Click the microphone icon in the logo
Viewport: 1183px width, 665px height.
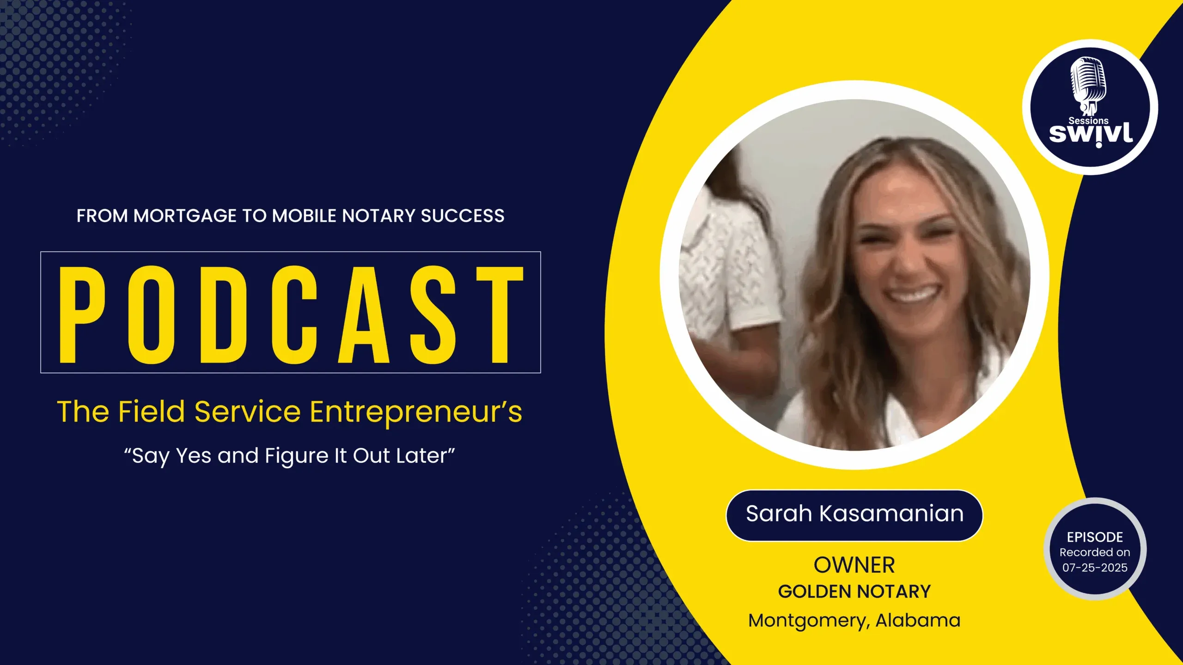pos(1089,86)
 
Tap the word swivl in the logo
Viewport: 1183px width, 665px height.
pos(1091,134)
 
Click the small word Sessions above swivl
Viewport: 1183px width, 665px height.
pos(1088,121)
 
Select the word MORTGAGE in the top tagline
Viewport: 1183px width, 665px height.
pos(185,216)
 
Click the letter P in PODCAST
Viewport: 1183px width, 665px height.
pos(82,314)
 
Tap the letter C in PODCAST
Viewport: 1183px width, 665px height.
pos(294,314)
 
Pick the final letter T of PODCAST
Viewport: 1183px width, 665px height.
pos(500,314)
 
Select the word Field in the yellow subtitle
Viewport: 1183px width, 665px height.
pos(152,411)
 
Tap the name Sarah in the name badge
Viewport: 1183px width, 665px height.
pos(779,514)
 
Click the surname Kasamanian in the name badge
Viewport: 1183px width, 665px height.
pos(891,514)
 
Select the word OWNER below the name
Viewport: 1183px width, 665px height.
pos(854,565)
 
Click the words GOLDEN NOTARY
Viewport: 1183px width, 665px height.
pos(854,592)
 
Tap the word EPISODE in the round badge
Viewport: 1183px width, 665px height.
pos(1095,537)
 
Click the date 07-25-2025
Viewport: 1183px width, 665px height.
pos(1095,568)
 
